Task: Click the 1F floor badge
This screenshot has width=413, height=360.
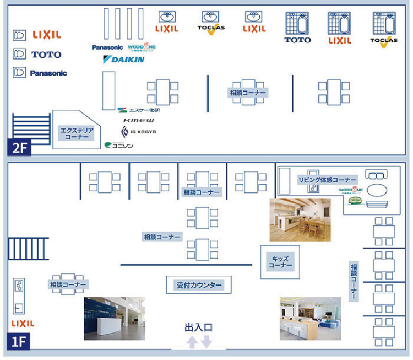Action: point(19,341)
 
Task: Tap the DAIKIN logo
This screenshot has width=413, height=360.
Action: point(124,59)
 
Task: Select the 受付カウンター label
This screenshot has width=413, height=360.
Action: point(199,285)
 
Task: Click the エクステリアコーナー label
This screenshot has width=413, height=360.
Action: point(77,133)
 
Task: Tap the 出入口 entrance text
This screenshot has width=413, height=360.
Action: point(198,327)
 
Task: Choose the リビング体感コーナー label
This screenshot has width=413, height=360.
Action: point(327,180)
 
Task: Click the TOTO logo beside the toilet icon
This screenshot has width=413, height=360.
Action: point(46,55)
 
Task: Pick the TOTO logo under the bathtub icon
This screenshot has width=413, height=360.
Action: point(297,40)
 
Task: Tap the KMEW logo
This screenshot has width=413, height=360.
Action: point(139,120)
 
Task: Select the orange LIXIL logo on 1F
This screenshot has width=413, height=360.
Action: point(23,324)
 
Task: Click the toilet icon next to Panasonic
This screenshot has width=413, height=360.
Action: point(20,72)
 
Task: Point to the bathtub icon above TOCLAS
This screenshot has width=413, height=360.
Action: point(384,24)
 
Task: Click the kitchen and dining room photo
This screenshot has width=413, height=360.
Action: point(300,220)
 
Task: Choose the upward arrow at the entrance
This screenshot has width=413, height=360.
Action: point(192,342)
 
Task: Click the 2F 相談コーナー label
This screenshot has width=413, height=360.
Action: point(248,93)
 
